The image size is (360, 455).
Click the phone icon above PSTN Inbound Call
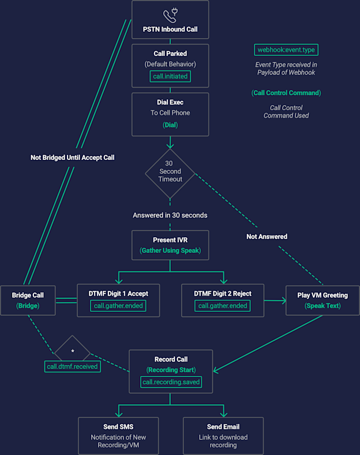click(170, 16)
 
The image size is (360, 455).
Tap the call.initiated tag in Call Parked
click(170, 76)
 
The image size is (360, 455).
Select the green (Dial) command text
click(170, 125)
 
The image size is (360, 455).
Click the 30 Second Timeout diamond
click(170, 174)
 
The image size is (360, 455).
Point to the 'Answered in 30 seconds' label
click(170, 215)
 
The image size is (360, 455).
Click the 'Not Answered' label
click(267, 237)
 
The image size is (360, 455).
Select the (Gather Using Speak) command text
click(170, 251)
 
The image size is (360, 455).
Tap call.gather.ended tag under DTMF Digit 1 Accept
click(118, 306)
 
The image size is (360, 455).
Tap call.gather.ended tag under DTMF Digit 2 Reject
click(223, 306)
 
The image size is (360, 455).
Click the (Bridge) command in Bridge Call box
click(28, 306)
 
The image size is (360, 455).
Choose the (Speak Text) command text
click(322, 306)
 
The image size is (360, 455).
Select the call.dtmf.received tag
click(73, 367)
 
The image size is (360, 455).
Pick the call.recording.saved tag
click(171, 382)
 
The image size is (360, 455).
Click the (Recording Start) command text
click(171, 370)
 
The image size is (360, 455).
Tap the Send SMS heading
click(118, 427)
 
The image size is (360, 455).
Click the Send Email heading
click(223, 427)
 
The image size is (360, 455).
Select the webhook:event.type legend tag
click(286, 50)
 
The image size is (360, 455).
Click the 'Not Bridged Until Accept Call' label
click(73, 158)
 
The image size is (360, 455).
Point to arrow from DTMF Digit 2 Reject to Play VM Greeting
click(275, 301)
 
